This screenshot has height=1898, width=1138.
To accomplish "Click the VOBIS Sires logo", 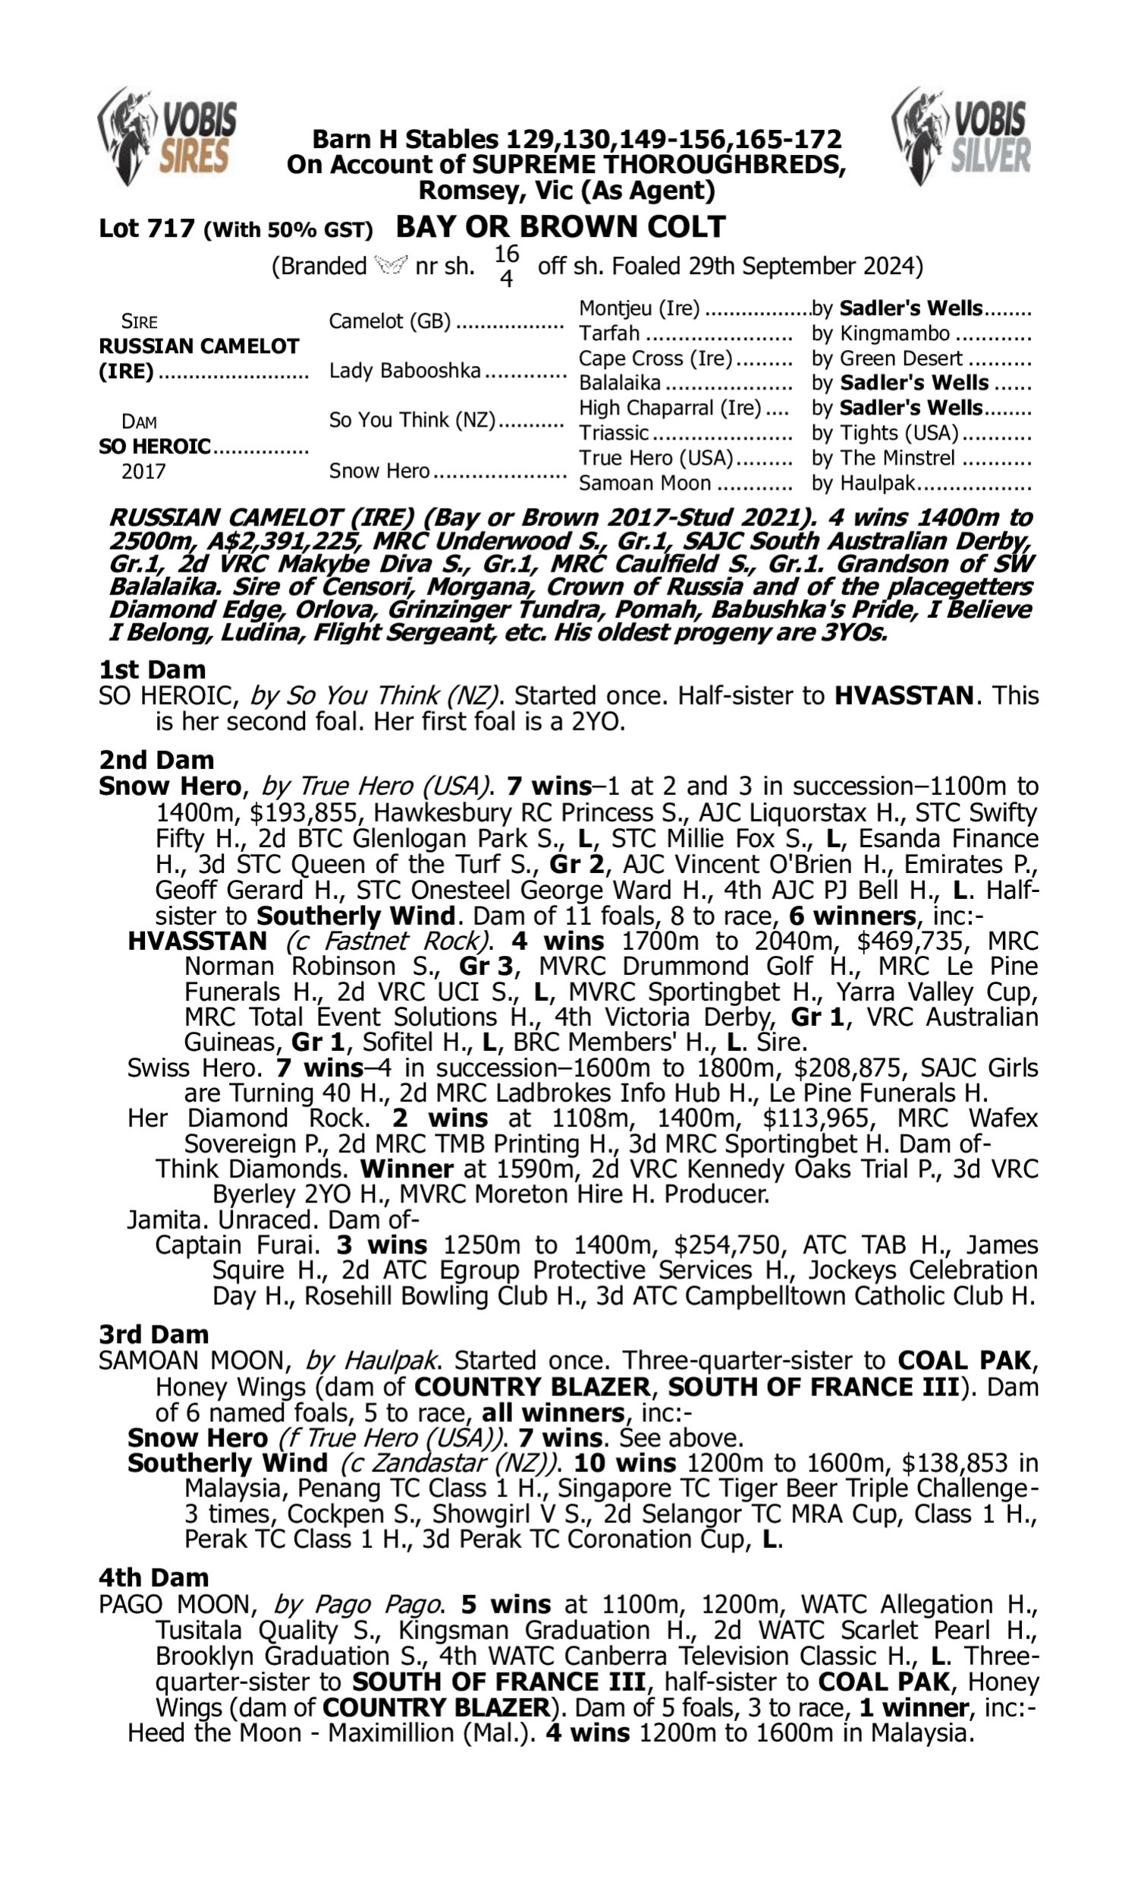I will [x=168, y=136].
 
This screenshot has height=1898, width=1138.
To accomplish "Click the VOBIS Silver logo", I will [x=962, y=136].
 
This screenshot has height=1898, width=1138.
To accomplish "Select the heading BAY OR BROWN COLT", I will [x=561, y=227].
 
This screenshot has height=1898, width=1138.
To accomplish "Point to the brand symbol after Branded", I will [x=391, y=266].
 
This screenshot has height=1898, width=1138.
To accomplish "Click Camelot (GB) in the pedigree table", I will [x=389, y=321].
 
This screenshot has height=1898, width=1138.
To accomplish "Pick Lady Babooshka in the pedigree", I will [x=405, y=371].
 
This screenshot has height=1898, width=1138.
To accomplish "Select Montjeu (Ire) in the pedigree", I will [x=639, y=308].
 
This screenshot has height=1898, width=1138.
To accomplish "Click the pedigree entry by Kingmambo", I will [x=880, y=334].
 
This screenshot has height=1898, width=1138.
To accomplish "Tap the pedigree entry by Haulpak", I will [x=863, y=484].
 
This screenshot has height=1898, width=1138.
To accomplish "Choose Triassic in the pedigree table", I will [x=614, y=434].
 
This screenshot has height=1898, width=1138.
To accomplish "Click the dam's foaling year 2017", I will [x=143, y=471].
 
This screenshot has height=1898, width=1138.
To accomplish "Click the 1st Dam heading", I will [x=152, y=670].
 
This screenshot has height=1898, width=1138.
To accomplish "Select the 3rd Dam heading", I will [x=153, y=1335].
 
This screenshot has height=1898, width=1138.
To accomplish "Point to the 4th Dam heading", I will [x=153, y=1578].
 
